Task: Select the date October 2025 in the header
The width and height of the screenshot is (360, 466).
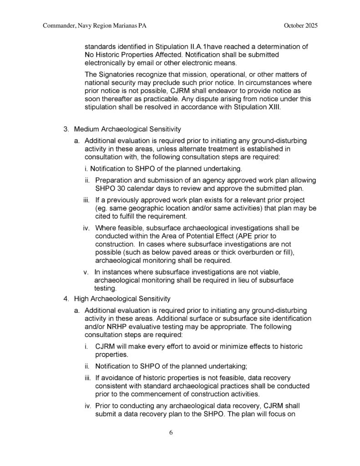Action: [300, 26]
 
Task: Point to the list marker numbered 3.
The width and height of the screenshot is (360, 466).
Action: [66, 129]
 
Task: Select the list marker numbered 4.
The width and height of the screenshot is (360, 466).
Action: [66, 299]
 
